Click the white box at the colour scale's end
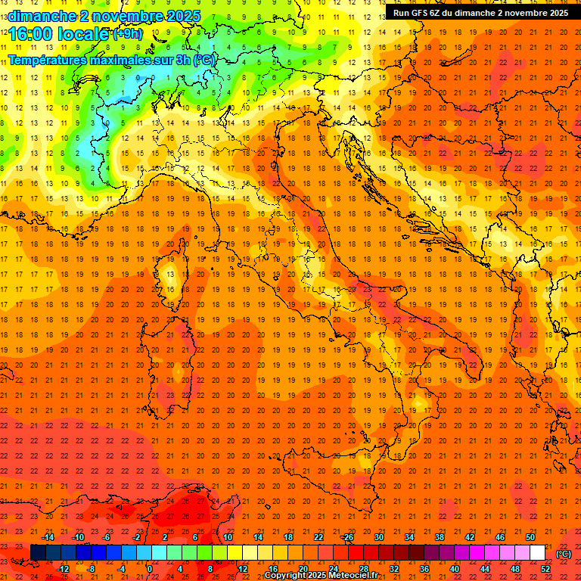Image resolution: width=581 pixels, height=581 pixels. click(537, 552)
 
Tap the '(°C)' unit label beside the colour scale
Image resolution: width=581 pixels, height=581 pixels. click(564, 553)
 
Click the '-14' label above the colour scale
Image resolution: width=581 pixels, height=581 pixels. click(48, 537)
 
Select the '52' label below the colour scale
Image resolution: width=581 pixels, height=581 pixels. click(545, 568)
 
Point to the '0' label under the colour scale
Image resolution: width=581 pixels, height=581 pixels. click(150, 568)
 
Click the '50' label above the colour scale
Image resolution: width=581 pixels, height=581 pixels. click(530, 537)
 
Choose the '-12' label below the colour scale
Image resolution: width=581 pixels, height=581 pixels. click(63, 568)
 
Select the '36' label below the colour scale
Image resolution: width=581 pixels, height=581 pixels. click(424, 568)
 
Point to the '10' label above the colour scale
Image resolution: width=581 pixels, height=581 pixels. click(227, 537)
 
